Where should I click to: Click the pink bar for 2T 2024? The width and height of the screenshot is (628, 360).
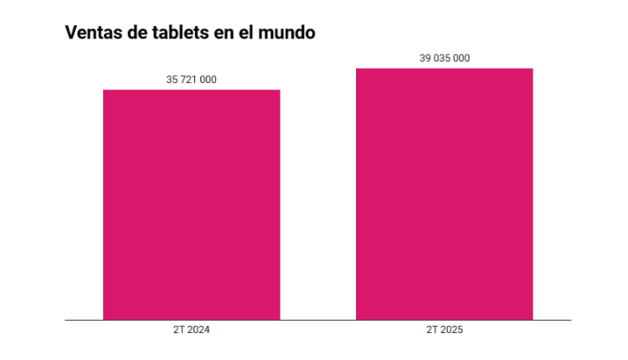pos(191,204)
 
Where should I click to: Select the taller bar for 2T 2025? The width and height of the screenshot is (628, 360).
pos(444,193)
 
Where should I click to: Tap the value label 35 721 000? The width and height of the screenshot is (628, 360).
pos(192,80)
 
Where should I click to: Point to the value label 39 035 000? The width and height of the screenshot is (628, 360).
pos(445,58)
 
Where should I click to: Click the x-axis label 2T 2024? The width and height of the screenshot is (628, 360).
pos(192,331)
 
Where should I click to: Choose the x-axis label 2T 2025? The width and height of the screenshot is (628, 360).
pos(445,331)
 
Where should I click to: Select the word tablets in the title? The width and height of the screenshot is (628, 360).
pos(180,34)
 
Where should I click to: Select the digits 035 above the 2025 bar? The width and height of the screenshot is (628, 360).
pos(444,58)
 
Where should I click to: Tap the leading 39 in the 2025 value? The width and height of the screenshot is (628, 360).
pos(425,58)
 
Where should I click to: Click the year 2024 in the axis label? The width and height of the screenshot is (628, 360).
pos(198,331)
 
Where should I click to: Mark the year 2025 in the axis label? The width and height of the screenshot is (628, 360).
pos(450,331)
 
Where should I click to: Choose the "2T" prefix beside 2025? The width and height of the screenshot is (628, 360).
pos(431,331)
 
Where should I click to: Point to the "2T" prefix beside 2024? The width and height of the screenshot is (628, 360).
pos(178,331)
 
